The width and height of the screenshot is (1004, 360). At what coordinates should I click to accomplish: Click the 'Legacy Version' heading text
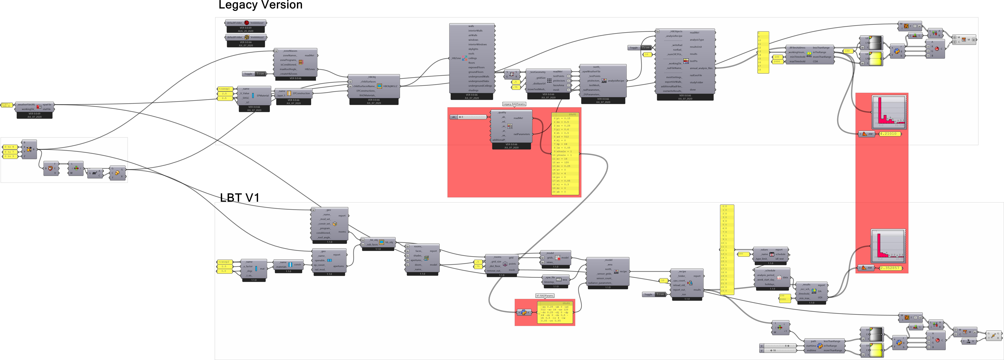[x=260, y=5]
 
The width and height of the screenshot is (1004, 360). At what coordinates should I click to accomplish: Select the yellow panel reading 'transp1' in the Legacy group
[x=225, y=89]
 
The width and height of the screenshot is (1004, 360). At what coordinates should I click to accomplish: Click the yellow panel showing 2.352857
[x=890, y=268]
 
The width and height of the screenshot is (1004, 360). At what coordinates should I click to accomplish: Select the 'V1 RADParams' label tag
[x=545, y=296]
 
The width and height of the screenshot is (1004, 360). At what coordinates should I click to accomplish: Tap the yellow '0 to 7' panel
[x=9, y=152]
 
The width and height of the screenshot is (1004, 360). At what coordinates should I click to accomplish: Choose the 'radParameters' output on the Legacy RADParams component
[x=522, y=134]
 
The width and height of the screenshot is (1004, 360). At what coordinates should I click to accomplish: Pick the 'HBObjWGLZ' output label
[x=390, y=86]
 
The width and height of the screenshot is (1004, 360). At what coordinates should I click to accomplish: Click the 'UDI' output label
[x=820, y=298]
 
